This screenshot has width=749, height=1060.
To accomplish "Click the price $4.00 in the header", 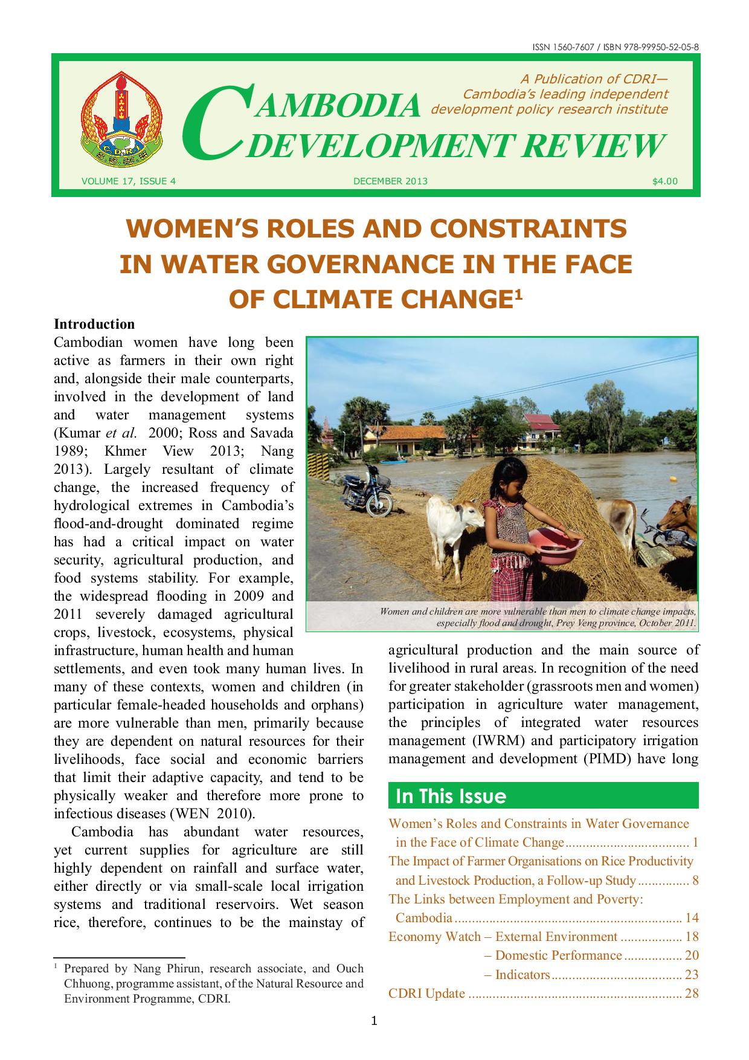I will (664, 181).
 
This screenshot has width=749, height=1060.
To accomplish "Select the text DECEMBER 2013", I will (390, 181).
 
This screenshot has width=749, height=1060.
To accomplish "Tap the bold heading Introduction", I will (94, 324).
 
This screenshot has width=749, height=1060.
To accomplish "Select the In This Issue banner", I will (543, 796).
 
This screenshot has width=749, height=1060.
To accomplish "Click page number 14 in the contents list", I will (692, 918).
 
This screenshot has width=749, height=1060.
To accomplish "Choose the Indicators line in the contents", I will (522, 974).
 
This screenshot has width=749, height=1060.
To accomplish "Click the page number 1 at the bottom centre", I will (374, 1022).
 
